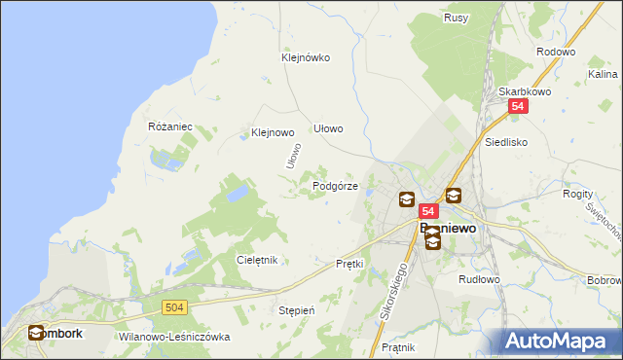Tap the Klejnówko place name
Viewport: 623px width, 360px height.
click(x=306, y=57)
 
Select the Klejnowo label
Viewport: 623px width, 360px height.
click(x=273, y=132)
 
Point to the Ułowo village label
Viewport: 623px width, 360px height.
click(x=328, y=128)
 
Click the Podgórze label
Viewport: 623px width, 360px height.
click(x=335, y=186)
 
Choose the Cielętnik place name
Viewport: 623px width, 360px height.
click(x=258, y=260)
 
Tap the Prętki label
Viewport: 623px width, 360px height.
click(x=348, y=264)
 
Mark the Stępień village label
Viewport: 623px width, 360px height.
click(x=297, y=310)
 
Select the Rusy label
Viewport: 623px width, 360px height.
click(x=456, y=18)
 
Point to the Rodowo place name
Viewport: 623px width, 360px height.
click(x=556, y=53)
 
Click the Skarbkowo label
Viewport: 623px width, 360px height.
click(x=520, y=91)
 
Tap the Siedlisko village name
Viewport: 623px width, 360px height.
click(x=506, y=141)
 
